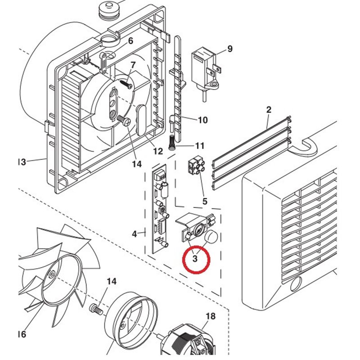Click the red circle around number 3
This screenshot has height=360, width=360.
point(196,260)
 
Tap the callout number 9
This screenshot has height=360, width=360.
point(230,49)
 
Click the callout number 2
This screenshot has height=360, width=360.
point(269,109)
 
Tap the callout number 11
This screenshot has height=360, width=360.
point(199,146)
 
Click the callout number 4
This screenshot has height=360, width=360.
point(134,234)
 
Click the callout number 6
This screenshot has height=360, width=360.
point(130,41)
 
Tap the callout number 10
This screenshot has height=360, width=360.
point(202,120)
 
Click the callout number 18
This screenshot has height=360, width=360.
point(210,316)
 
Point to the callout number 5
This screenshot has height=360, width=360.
point(205,201)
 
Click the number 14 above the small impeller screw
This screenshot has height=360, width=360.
point(111,281)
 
